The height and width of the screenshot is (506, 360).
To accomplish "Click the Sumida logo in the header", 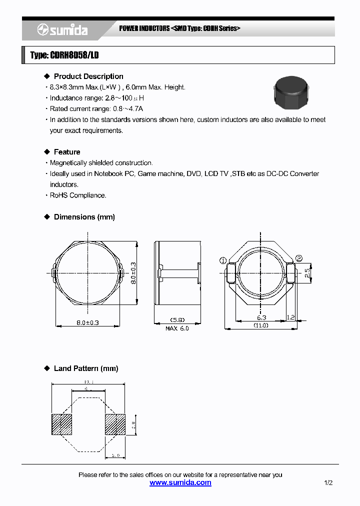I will (x=62, y=30).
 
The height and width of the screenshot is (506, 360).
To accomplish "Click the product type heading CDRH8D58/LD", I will (x=64, y=55).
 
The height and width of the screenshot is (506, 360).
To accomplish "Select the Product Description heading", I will (x=88, y=76).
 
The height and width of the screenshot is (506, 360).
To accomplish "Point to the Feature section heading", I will (x=66, y=152).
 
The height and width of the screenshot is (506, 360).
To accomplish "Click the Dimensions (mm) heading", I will (x=84, y=217).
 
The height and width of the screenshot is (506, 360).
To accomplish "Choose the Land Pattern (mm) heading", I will (x=85, y=368).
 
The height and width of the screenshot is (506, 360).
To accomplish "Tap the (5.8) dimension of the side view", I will (x=177, y=319).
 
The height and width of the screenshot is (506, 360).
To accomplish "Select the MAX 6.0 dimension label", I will (x=177, y=328).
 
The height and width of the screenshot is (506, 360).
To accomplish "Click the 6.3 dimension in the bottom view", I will (x=261, y=317).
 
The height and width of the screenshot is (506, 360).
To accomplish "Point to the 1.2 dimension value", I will (x=291, y=317).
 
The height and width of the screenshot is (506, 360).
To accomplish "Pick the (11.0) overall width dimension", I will (x=261, y=325).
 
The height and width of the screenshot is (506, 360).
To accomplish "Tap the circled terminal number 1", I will (x=223, y=260).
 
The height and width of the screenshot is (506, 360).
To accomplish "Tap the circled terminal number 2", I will (x=299, y=258).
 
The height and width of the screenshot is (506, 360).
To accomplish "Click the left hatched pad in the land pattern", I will (x=62, y=424).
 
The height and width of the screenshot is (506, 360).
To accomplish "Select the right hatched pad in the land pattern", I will (x=115, y=424).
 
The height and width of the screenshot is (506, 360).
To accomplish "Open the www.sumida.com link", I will (x=180, y=483).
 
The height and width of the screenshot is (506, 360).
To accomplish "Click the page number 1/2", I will (x=328, y=483).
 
